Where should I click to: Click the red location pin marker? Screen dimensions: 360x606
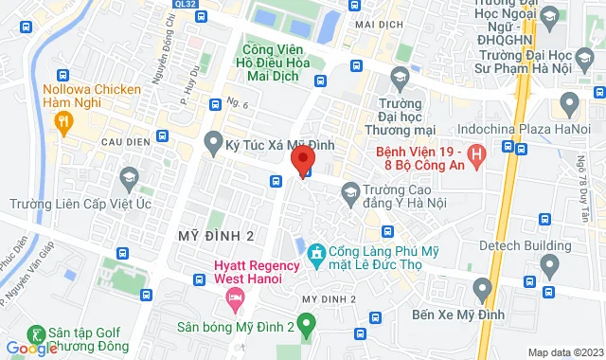pyautogui.click(x=302, y=158)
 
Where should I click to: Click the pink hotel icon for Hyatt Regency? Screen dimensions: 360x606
pyautogui.click(x=233, y=299)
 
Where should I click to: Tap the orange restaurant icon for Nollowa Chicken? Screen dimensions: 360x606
pyautogui.click(x=63, y=120)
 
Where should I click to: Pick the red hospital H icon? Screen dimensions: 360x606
pyautogui.click(x=477, y=152)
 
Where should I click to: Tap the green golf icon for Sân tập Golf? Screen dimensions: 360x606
pyautogui.click(x=37, y=333)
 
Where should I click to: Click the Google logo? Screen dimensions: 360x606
pyautogui.click(x=30, y=348)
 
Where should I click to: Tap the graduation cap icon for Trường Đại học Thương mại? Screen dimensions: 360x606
pyautogui.click(x=398, y=76)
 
